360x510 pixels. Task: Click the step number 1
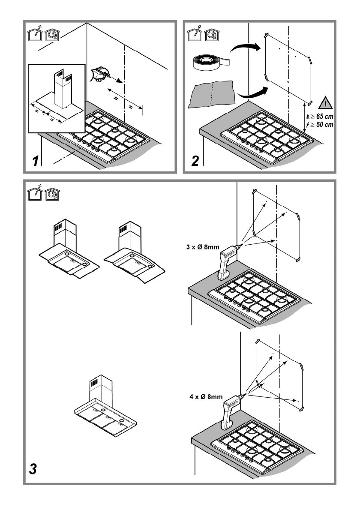click(x=36, y=161)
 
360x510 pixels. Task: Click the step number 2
click(x=195, y=161)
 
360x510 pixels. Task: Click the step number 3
click(x=33, y=469)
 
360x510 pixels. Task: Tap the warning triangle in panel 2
click(x=325, y=103)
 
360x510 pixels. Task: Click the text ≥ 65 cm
click(x=322, y=117)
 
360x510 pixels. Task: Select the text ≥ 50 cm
click(x=322, y=125)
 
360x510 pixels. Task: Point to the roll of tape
click(x=211, y=63)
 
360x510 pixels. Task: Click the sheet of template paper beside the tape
click(x=212, y=94)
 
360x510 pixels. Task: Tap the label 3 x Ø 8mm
click(x=203, y=247)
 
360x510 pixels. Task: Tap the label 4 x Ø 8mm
click(x=206, y=396)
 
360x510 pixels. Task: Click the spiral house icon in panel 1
click(x=52, y=35)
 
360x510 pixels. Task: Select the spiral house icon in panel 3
click(x=52, y=194)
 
